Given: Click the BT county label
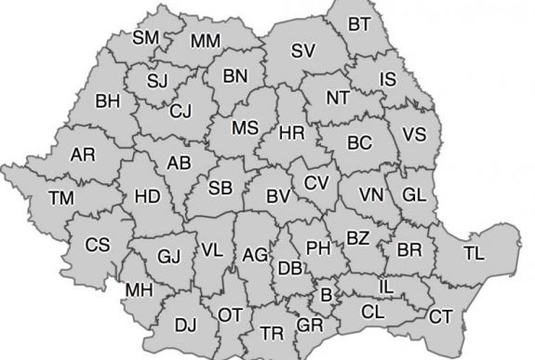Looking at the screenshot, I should pos(358,23).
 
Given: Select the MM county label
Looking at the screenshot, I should pos(205,41).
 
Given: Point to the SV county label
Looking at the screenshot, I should pos(303,51).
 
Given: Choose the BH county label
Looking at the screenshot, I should pos(108,99).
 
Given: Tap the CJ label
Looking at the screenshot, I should pos(181,111).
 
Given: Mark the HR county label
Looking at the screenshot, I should pos(293,132).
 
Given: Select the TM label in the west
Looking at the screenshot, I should pos(62,197).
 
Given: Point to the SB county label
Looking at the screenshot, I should pos(221,188).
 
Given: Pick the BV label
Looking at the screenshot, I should pos(276,196).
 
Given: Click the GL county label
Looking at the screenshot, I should pos(415,194).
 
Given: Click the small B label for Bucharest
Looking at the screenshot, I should pos(326,295).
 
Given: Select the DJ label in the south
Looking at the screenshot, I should pos(186,324).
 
